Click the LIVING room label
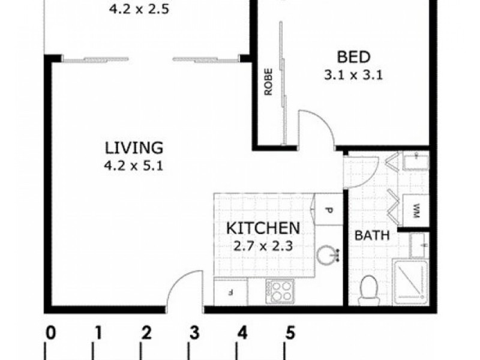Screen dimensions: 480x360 134,148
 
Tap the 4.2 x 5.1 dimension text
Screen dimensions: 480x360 134,166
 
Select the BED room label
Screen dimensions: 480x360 353,57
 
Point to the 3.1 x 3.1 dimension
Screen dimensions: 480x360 353,75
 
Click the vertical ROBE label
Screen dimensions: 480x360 268,82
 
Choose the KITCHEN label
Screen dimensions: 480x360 263,229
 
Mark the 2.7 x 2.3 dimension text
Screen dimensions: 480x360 263,246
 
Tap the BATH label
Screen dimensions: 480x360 372,236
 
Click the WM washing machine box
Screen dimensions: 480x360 416,211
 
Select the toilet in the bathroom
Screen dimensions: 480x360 369,290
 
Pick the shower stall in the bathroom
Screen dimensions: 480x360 410,282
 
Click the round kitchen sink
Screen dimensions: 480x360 326,254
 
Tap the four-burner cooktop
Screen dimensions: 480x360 280,291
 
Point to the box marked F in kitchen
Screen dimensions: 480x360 230,293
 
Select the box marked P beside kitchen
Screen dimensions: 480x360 329,209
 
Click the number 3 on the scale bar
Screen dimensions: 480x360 194,333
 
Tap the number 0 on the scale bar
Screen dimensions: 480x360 50,333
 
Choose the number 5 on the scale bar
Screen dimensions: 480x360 290,333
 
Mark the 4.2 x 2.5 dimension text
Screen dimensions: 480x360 139,9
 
